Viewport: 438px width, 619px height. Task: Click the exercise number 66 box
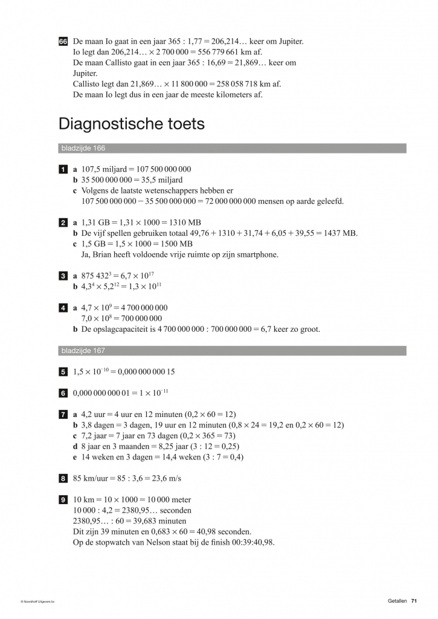point(63,42)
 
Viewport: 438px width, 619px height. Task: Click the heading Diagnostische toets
point(131,125)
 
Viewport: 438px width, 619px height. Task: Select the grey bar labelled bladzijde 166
point(232,148)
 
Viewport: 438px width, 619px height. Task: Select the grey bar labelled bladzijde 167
point(232,351)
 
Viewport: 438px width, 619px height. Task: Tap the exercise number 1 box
point(63,169)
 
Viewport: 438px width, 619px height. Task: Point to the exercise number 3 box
point(63,276)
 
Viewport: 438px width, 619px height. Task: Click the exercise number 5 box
point(63,372)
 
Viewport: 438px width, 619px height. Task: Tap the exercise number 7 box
point(63,415)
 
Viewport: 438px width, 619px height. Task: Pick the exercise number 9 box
point(63,500)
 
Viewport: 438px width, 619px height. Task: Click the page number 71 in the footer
point(414,601)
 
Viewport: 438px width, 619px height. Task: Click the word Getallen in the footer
point(398,601)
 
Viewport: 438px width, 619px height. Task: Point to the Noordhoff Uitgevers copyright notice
point(37,601)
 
